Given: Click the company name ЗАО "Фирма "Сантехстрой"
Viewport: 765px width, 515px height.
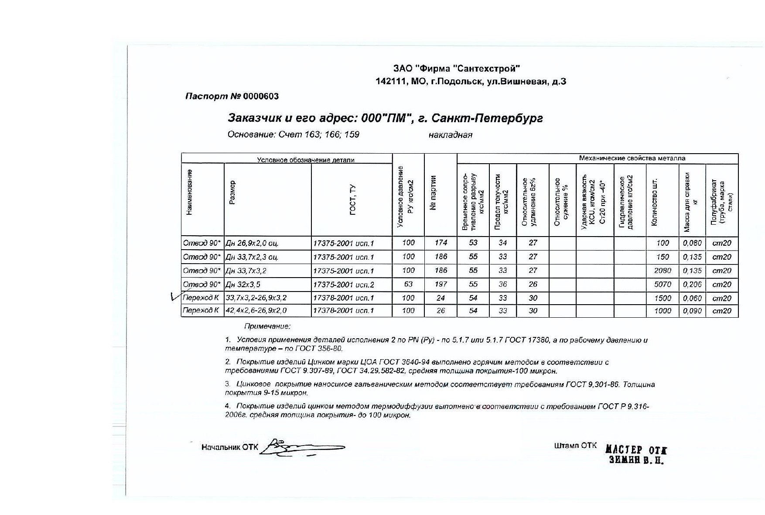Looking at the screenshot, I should tap(456, 69).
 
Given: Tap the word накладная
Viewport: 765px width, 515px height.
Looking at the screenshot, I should tap(450, 135).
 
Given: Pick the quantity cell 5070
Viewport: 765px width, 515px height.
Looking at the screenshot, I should tap(662, 285).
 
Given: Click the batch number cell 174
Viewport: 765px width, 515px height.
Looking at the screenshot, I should tap(441, 243).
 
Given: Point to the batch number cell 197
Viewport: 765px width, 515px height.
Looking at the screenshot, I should tap(441, 285).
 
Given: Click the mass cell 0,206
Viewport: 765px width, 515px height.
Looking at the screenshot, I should tap(692, 285).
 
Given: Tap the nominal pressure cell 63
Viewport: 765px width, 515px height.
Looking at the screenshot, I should tap(408, 285).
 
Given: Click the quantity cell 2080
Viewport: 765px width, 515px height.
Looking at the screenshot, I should tap(662, 271).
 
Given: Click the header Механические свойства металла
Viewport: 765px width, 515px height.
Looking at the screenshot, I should tap(632, 158).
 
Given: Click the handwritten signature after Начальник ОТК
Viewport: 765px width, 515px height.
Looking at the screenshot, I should tap(301, 447).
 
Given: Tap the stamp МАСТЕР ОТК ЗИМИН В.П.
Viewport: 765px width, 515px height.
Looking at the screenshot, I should tap(636, 455).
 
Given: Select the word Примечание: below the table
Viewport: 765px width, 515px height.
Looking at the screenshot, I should tap(267, 326).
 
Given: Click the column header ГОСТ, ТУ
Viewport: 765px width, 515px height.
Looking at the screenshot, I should tap(352, 200).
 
